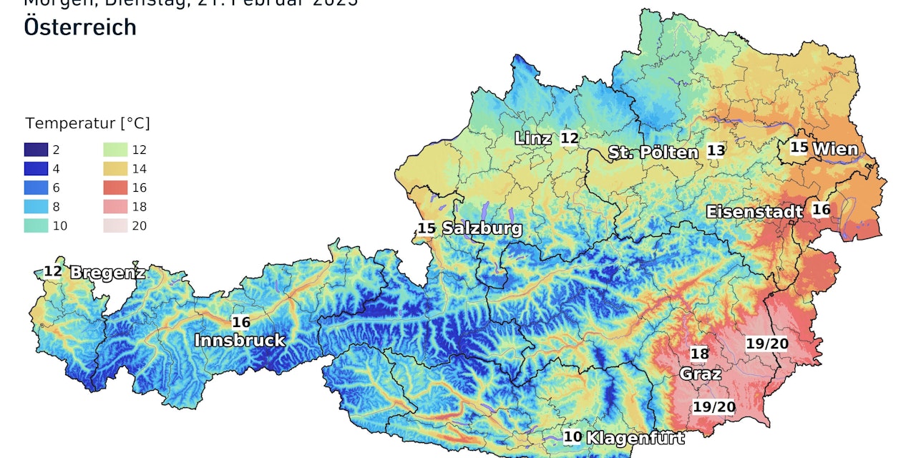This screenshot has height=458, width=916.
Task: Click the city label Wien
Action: (835, 150)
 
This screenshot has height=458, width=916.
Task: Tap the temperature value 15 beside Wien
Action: (799, 148)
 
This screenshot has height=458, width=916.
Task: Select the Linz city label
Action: (533, 139)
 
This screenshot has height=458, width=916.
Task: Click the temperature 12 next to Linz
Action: (569, 138)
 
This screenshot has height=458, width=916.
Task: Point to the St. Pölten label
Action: (653, 152)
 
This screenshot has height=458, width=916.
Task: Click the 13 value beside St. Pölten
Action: (716, 150)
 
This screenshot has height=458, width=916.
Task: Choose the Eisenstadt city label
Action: (754, 212)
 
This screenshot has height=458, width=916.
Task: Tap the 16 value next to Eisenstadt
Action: (821, 210)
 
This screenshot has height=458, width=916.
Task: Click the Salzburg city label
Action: (482, 229)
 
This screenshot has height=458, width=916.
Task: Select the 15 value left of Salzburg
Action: (427, 228)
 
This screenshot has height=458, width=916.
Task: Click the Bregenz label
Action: (107, 273)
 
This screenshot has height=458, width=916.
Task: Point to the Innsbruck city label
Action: (240, 341)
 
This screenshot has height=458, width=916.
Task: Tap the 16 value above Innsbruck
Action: (241, 322)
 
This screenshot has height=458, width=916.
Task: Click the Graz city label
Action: (700, 374)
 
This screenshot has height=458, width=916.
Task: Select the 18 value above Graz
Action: (699, 354)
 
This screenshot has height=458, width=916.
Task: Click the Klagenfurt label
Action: (635, 437)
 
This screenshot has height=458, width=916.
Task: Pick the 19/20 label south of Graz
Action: (714, 407)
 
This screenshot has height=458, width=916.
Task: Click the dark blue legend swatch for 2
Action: (36, 150)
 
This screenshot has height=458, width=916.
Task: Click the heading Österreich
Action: (80, 26)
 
